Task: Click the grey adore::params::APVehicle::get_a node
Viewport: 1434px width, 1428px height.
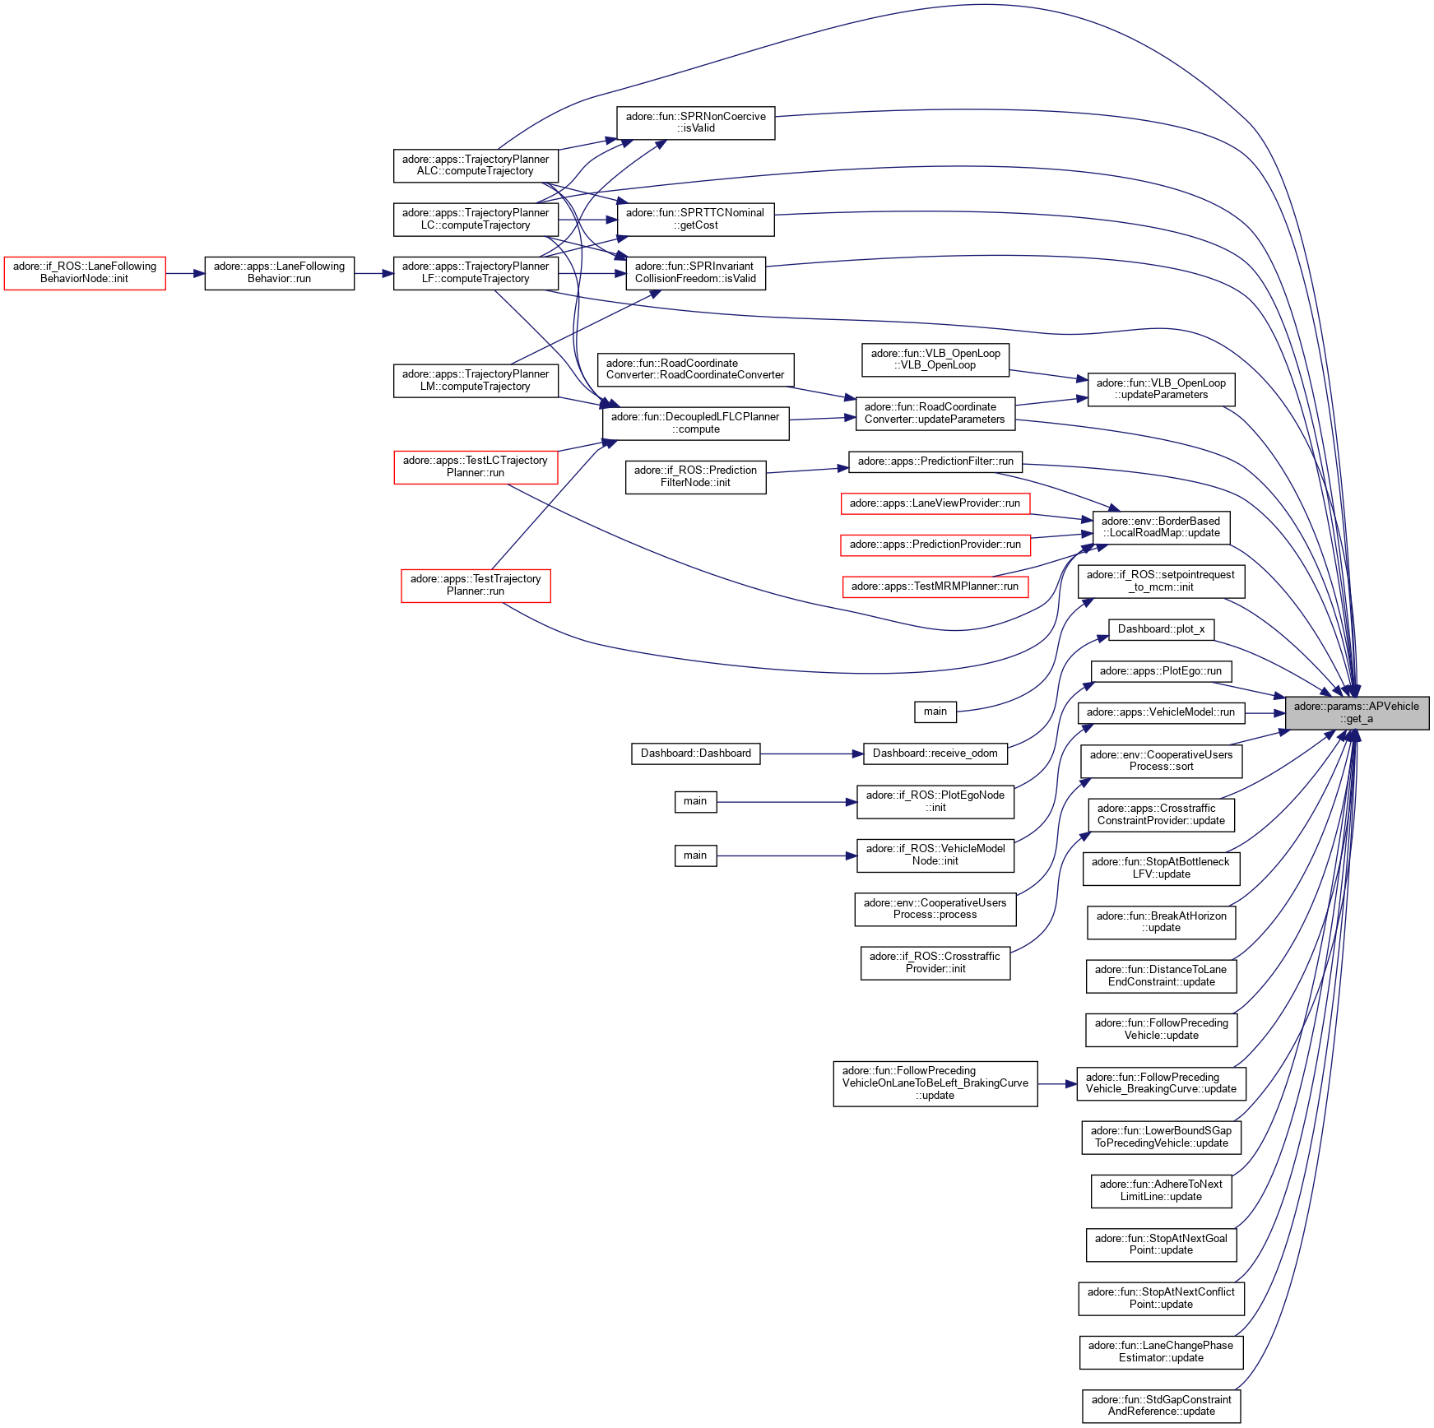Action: tap(1356, 712)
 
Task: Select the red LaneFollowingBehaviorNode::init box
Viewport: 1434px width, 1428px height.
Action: tap(85, 272)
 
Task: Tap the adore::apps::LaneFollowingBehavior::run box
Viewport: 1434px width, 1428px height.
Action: tap(279, 272)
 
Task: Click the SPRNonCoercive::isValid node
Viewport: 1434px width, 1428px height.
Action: tap(695, 123)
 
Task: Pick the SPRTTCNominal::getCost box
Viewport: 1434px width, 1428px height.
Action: tap(695, 219)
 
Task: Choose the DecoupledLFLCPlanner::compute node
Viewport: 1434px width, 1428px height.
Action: tap(695, 423)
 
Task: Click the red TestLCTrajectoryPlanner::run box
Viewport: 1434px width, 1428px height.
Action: tap(476, 466)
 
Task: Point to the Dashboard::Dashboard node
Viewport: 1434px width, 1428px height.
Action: tap(695, 753)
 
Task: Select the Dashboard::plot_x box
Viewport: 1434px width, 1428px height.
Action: tap(1161, 629)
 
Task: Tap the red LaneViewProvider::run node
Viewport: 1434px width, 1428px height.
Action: tap(935, 503)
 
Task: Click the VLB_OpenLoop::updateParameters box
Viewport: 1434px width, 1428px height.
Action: tap(1161, 389)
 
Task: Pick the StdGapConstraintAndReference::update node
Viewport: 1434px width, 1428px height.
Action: tap(1161, 1406)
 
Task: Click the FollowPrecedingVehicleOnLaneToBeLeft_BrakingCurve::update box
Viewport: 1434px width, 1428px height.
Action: tap(935, 1083)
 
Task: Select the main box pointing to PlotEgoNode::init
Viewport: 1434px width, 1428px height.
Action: tap(695, 801)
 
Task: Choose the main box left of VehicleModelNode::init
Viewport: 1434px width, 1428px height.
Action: tap(695, 855)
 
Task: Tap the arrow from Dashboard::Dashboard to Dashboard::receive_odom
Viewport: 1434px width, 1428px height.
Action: tap(810, 753)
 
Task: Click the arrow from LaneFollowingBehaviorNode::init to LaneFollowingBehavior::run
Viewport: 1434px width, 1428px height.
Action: tap(185, 273)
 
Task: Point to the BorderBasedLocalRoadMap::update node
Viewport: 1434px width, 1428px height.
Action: tap(1161, 527)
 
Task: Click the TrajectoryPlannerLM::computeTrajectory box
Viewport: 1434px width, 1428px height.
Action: tap(476, 380)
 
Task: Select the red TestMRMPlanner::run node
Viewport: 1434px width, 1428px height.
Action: tap(935, 586)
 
